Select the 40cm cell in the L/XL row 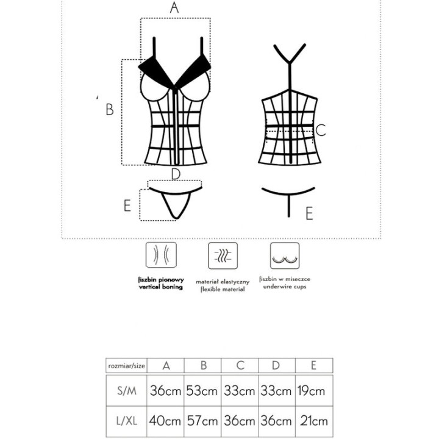pyautogui.click(x=165, y=421)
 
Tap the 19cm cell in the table pyautogui.click(x=313, y=391)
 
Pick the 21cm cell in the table pyautogui.click(x=313, y=421)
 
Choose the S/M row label pyautogui.click(x=126, y=391)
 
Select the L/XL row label pyautogui.click(x=126, y=421)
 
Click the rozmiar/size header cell pyautogui.click(x=126, y=366)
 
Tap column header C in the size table pyautogui.click(x=240, y=366)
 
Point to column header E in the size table pyautogui.click(x=313, y=366)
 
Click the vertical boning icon pyautogui.click(x=160, y=257)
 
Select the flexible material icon pyautogui.click(x=223, y=257)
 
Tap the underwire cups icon pyautogui.click(x=285, y=257)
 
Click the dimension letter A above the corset pyautogui.click(x=175, y=8)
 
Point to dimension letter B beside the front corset pyautogui.click(x=110, y=110)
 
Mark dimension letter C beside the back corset pyautogui.click(x=321, y=130)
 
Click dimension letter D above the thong pyautogui.click(x=176, y=174)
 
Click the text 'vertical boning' pyautogui.click(x=160, y=287)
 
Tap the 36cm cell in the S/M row pyautogui.click(x=165, y=391)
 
